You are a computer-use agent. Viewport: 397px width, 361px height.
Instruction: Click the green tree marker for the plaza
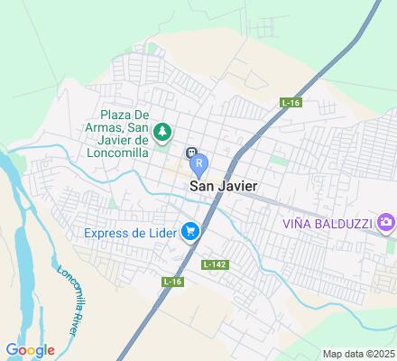click(162, 133)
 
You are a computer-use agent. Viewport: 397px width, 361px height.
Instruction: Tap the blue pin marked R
click(199, 164)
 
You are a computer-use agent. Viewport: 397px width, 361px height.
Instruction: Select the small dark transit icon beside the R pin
click(190, 152)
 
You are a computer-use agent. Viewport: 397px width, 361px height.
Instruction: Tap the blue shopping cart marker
click(189, 233)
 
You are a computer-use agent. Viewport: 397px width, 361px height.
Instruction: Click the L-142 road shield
click(215, 264)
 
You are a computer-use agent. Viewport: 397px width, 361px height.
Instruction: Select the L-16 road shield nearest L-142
click(172, 282)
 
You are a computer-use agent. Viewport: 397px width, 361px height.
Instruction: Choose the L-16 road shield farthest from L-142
click(290, 102)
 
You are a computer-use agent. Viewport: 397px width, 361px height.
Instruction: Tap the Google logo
click(30, 350)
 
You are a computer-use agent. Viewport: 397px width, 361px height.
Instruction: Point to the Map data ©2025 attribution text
click(359, 353)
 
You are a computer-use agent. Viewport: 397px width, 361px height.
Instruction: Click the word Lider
click(161, 234)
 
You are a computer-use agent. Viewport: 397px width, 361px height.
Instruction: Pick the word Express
click(108, 234)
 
